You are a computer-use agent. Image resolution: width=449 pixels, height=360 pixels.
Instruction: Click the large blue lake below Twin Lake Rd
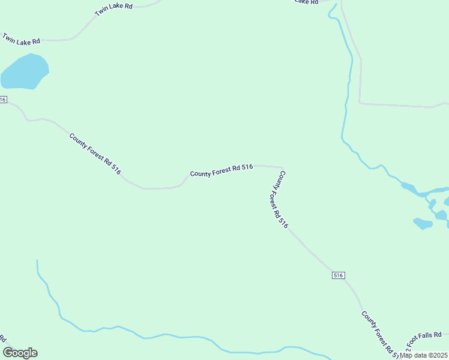[24, 72]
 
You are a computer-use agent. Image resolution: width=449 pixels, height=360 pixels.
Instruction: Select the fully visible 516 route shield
[338, 275]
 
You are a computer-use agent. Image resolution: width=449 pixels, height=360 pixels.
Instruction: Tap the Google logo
[20, 353]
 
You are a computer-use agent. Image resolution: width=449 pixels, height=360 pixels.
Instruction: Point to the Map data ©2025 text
[423, 355]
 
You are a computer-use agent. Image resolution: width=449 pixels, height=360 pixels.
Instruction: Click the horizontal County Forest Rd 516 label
[221, 170]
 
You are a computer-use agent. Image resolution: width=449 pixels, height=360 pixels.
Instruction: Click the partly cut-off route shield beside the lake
[3, 100]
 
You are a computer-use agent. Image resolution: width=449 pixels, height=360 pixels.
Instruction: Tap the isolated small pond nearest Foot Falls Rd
[423, 224]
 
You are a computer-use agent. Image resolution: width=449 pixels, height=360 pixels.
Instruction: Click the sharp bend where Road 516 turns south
[282, 169]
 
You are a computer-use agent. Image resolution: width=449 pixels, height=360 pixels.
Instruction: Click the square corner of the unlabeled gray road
[360, 103]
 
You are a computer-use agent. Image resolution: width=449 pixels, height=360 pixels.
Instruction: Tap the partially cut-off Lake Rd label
[306, 2]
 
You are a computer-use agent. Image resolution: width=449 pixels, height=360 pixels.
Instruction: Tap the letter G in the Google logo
[8, 353]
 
